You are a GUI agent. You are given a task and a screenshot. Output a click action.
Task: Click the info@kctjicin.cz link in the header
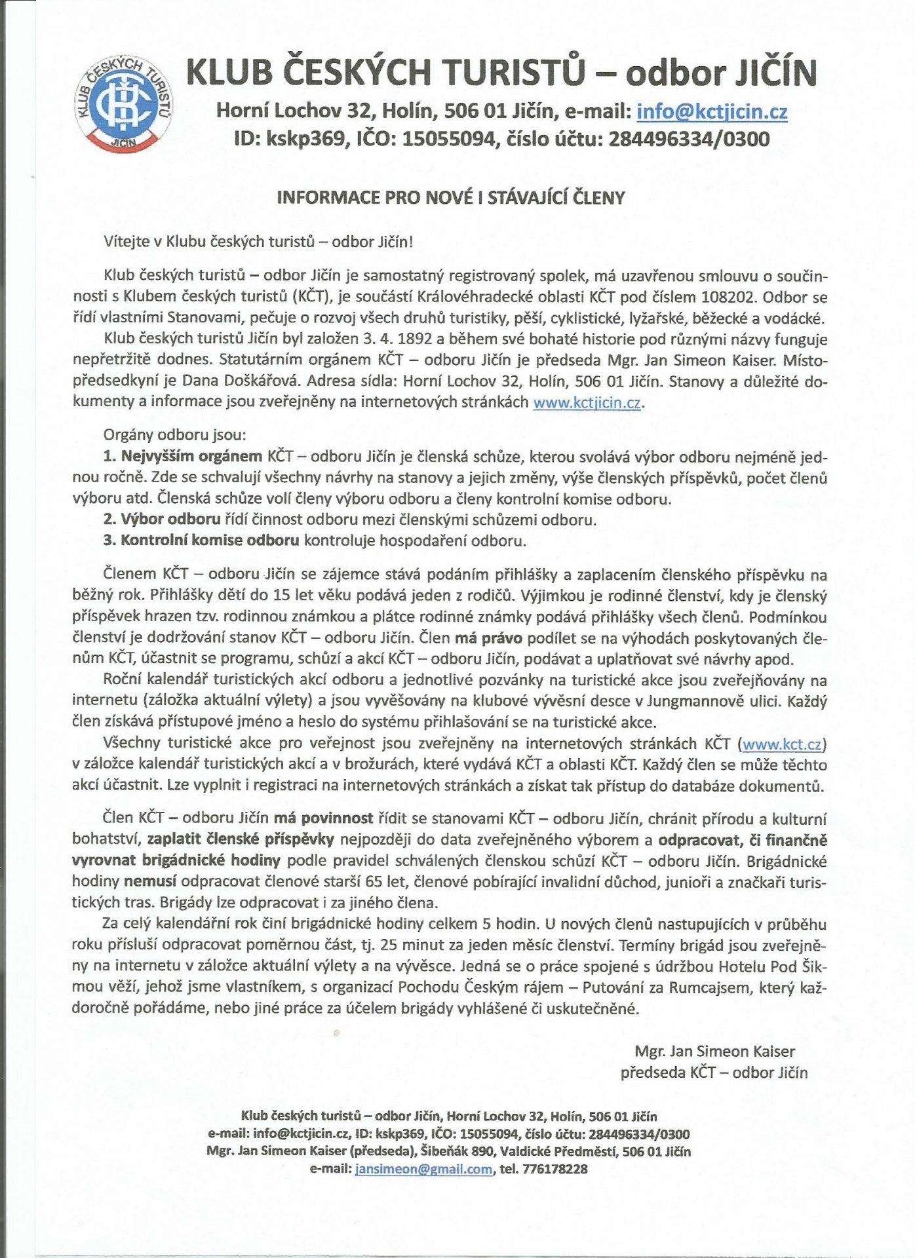(712, 113)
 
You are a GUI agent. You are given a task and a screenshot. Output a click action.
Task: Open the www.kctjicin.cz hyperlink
(587, 403)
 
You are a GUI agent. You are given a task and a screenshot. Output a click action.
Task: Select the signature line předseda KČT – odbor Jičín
(714, 1073)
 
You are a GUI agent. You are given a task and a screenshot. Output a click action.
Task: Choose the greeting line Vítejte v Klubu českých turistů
(258, 241)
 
